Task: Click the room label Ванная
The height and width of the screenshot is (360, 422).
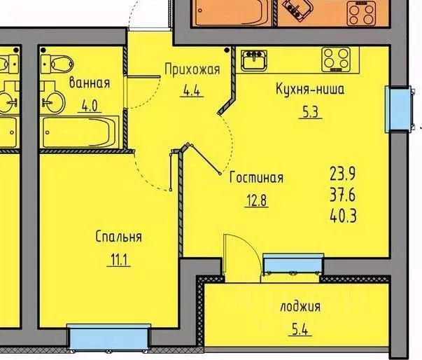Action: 89,83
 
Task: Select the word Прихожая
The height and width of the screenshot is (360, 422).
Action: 192,69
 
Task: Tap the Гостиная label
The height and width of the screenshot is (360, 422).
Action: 256,177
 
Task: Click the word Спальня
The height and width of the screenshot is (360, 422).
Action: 119,237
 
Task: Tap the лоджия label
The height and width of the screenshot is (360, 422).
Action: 300,306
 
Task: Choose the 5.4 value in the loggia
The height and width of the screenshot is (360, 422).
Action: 300,329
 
